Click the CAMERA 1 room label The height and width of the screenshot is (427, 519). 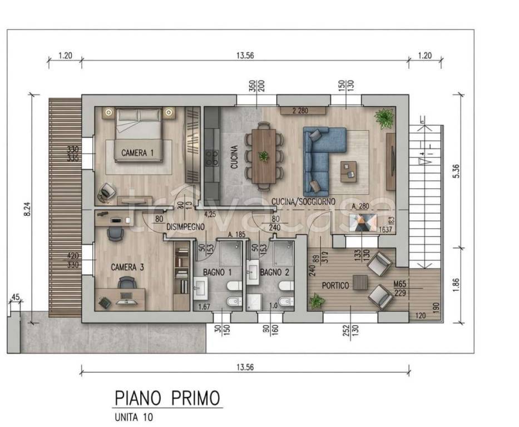coord(134,153)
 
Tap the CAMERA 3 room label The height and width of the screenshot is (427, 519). coord(127,267)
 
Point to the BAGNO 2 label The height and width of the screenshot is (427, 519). coord(274,272)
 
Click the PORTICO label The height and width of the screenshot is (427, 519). coord(335,285)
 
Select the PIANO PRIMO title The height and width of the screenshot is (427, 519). coord(167,398)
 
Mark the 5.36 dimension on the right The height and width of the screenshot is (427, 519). coord(456,171)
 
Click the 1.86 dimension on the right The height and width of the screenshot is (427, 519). coord(456,285)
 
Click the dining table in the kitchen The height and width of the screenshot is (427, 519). coord(263,156)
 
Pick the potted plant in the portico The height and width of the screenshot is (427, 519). coord(317,301)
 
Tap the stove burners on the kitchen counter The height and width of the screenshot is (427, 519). coord(211,158)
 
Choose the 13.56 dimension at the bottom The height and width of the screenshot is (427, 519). coord(245,368)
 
